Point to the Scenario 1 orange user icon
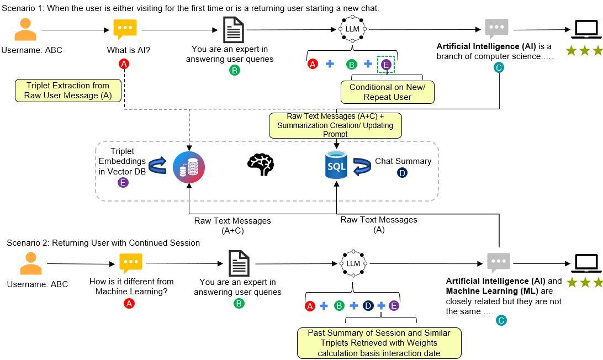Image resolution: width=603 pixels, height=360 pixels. [25, 30]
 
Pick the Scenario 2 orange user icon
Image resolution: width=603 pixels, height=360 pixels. [31, 263]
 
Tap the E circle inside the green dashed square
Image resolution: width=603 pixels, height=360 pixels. [387, 65]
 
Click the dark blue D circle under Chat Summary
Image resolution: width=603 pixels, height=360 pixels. [403, 173]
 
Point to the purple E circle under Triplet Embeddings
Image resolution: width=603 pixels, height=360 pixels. [123, 182]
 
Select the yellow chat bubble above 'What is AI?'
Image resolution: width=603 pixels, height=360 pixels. [125, 29]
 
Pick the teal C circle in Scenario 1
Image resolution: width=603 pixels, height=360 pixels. [499, 67]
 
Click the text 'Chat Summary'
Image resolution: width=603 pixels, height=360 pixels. [403, 161]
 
